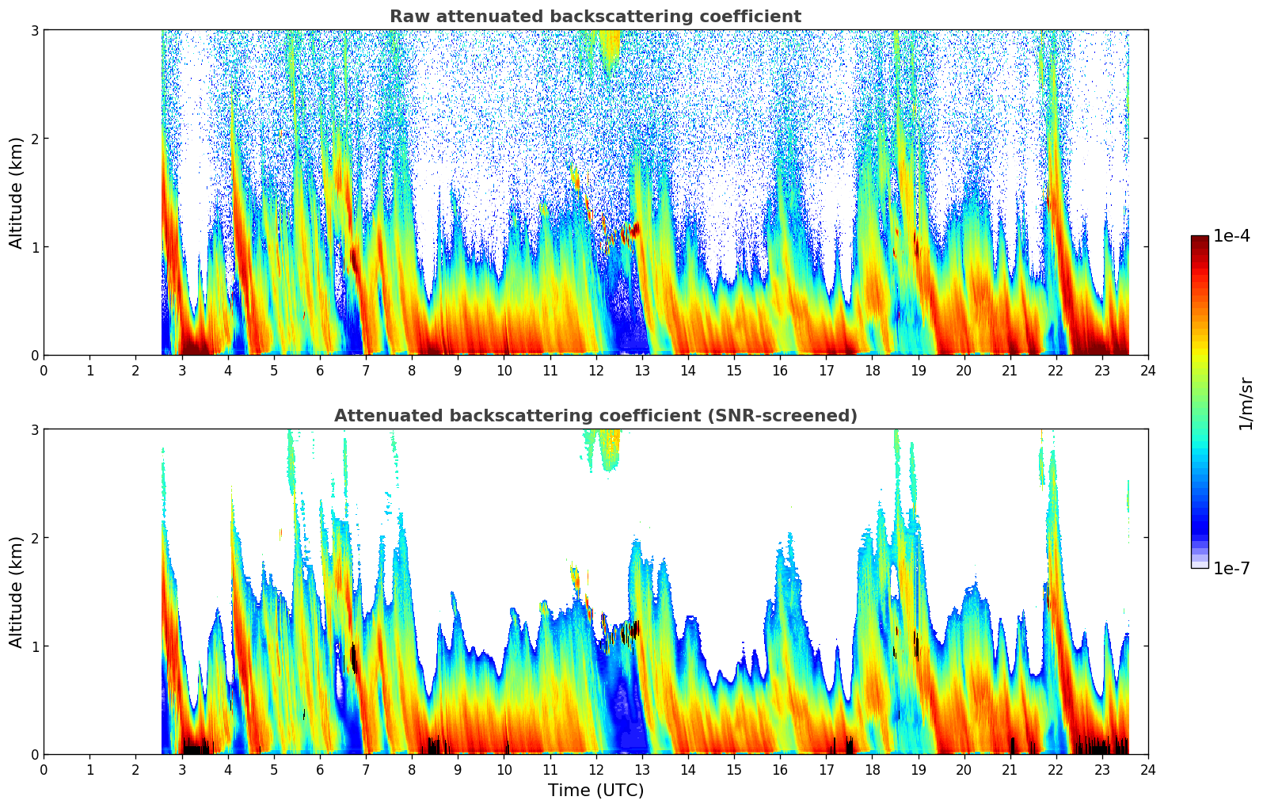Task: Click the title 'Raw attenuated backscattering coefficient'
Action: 595,17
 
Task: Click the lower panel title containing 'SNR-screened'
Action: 595,416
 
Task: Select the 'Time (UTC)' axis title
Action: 595,791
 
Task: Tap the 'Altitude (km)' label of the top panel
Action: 17,192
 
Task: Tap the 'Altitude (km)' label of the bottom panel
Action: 17,592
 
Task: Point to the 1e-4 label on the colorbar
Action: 1231,236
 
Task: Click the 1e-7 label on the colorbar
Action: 1231,568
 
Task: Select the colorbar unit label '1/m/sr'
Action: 1246,403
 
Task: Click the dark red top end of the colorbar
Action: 1200,239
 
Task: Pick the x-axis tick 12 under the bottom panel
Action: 595,770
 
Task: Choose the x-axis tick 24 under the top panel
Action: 1148,371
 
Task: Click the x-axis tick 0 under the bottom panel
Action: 44,770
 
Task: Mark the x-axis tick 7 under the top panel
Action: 366,371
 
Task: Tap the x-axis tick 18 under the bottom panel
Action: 872,770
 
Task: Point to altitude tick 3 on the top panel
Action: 34,30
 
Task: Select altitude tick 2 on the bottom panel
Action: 34,538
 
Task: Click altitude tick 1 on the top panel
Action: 34,247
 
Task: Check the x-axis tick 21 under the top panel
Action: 1010,371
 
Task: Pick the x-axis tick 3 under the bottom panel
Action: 181,770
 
